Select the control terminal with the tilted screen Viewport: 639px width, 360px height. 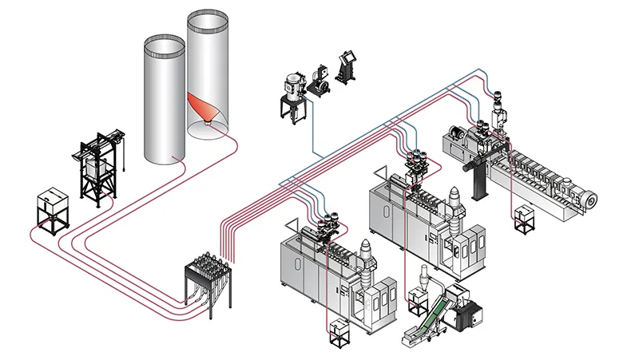click(348, 67)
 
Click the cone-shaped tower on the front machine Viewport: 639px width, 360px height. click(367, 255)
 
